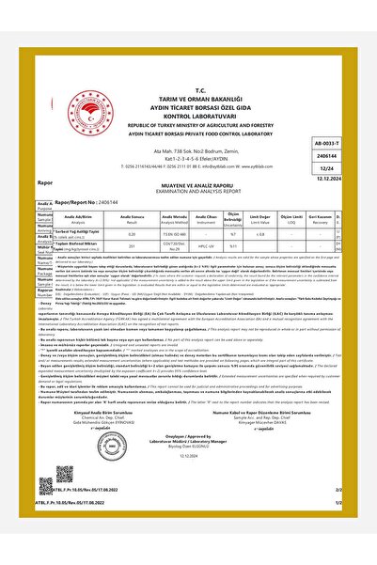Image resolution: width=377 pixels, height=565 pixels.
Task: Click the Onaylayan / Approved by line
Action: pyautogui.click(x=188, y=464)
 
